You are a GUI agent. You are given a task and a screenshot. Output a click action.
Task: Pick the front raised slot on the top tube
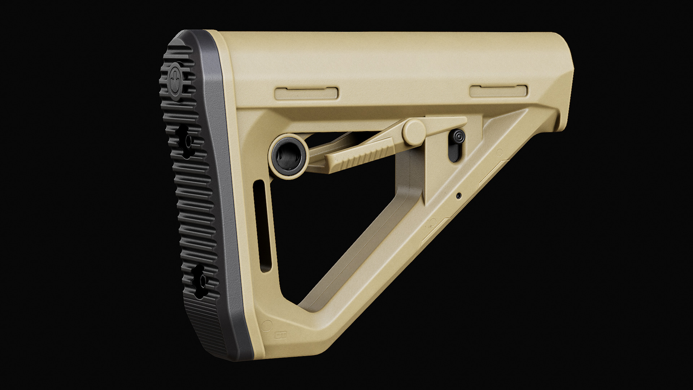tap(498, 91)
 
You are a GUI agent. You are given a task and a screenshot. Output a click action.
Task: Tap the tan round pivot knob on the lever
tap(414, 131)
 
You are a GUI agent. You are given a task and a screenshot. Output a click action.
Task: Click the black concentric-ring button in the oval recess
tap(457, 137)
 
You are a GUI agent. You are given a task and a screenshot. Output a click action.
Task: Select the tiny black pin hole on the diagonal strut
tap(459, 196)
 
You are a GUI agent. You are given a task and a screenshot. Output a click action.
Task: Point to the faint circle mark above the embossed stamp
tap(268, 324)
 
